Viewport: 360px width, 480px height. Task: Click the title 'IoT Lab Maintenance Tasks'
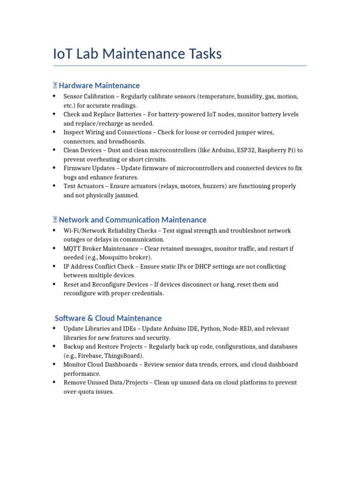click(137, 54)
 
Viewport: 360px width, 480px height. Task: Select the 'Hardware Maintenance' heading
click(99, 85)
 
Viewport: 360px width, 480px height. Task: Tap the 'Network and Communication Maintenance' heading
click(132, 220)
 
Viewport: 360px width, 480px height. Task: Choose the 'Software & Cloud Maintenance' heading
click(108, 318)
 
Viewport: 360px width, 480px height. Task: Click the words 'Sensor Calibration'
click(89, 97)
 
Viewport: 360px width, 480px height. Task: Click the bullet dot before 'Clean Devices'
click(55, 150)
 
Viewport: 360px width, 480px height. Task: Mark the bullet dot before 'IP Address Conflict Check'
click(55, 266)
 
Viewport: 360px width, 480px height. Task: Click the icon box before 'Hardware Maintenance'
click(55, 85)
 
